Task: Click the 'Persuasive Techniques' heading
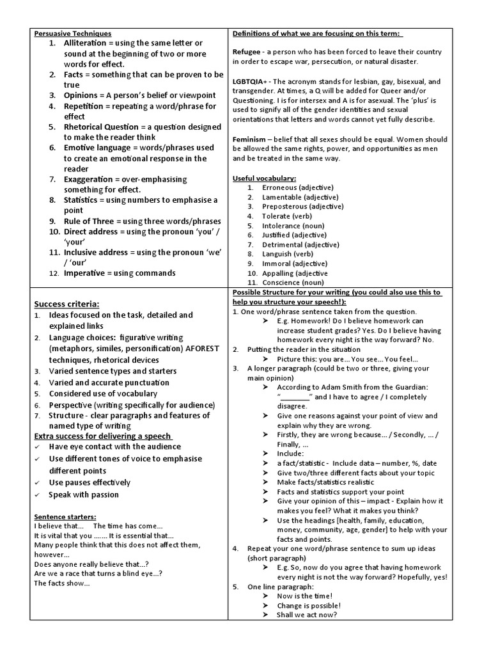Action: coord(72,33)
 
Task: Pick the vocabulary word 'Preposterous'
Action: coord(284,207)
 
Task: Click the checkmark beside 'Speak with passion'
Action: coord(38,495)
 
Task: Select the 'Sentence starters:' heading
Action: coord(65,516)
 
